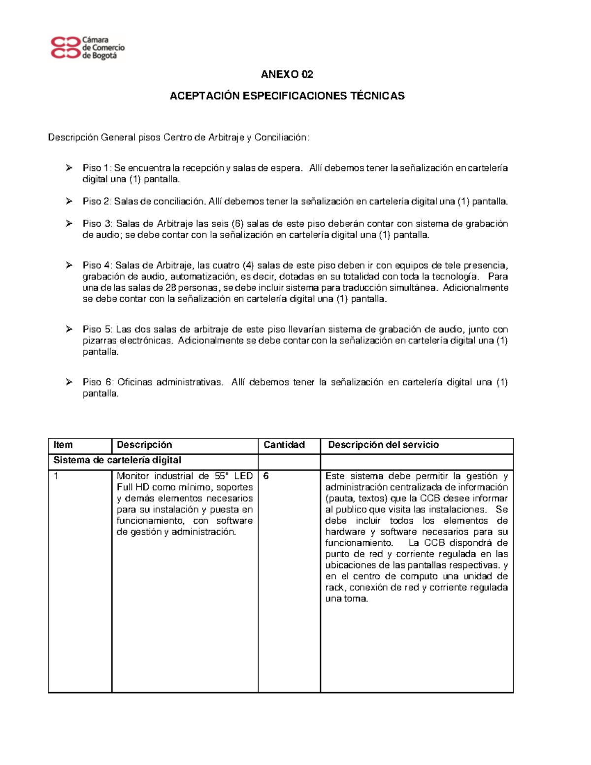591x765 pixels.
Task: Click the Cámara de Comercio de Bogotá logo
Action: coord(88,48)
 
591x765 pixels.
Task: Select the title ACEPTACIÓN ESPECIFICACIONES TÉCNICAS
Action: coord(287,96)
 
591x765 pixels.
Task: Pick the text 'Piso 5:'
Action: coord(98,330)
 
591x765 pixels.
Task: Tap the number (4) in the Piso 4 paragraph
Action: coord(248,266)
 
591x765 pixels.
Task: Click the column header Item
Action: coord(63,445)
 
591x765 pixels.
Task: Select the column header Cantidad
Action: coord(284,445)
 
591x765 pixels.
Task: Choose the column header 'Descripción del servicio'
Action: coord(383,445)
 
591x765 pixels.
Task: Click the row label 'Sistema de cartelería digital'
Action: coord(117,460)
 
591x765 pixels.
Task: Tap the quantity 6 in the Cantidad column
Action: coord(266,476)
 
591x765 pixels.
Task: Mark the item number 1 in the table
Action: coord(56,476)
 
